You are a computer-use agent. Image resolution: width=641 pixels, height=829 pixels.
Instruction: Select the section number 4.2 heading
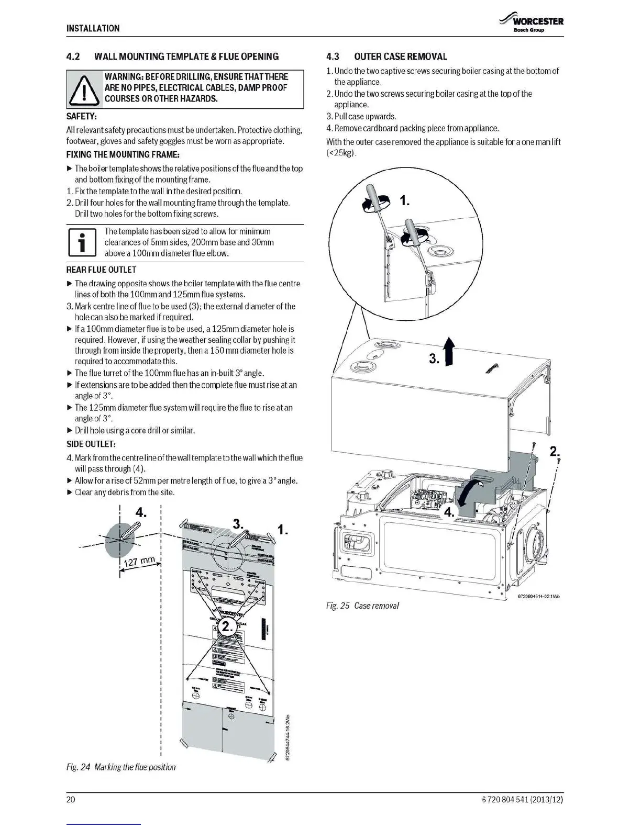(73, 57)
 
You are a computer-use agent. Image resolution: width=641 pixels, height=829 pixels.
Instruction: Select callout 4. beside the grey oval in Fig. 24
(140, 512)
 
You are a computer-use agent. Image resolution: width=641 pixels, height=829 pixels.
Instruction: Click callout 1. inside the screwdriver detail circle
(404, 201)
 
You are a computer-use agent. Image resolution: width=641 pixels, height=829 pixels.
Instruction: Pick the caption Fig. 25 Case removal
(362, 606)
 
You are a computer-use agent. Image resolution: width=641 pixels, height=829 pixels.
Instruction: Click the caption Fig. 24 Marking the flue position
(120, 767)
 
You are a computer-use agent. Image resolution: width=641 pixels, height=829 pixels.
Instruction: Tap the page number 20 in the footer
(71, 800)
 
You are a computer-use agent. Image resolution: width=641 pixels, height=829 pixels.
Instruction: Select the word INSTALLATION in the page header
(93, 28)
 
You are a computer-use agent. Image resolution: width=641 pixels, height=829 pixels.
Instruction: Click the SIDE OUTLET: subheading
(91, 444)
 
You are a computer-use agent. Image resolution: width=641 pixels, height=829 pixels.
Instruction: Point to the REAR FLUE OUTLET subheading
(101, 270)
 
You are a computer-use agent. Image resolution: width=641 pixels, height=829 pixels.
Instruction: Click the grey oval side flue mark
(119, 540)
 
